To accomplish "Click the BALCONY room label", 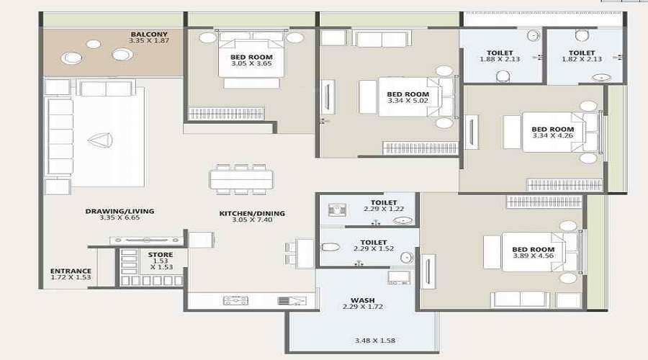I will click(149, 34).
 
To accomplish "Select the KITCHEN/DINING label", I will click(252, 213).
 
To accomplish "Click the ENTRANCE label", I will click(71, 271).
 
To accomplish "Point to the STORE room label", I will click(160, 255).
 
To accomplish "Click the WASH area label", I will click(362, 300).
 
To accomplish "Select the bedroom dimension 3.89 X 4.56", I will click(533, 256).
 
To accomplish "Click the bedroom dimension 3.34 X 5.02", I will click(408, 102).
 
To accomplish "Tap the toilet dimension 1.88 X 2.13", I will click(500, 60).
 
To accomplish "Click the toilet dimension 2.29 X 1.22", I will click(379, 210).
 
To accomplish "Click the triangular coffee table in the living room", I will click(99, 141).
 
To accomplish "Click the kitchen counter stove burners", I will click(235, 300).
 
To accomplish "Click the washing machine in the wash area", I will click(398, 278).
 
